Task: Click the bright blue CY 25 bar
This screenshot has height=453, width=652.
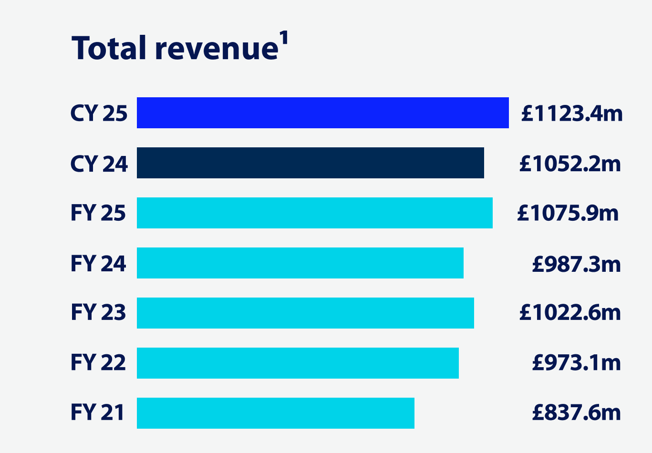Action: coord(322,113)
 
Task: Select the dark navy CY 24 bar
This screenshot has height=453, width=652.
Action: coord(310,163)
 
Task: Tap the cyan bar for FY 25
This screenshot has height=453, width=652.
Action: coord(314,213)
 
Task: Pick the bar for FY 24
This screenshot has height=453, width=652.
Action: coord(300,263)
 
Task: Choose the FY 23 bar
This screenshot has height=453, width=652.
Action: coord(305,313)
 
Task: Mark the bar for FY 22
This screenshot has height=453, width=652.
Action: coord(298,363)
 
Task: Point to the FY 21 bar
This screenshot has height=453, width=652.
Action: coord(275,413)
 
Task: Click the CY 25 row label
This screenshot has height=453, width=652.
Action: coord(99,113)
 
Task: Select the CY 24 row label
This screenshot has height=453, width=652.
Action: coord(99,164)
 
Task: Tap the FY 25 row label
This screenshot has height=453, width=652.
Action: coord(98,213)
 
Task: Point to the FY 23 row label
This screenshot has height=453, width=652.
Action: coord(98,313)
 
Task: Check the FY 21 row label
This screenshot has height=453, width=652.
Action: coord(97,412)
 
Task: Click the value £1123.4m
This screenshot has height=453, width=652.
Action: coord(571,113)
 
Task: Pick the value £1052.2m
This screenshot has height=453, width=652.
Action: coord(570,164)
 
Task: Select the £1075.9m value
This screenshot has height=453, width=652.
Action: coord(568,213)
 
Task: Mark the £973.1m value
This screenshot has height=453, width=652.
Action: coord(576,363)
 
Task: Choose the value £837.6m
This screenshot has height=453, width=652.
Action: coord(576,412)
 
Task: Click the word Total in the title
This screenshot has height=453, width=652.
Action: coord(109,49)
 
